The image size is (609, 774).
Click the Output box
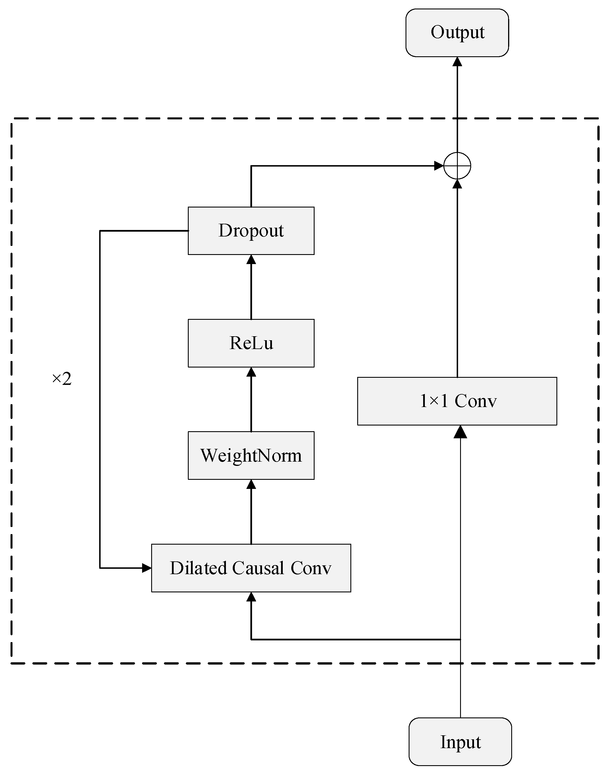click(x=457, y=33)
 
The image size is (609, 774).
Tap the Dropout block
click(x=251, y=231)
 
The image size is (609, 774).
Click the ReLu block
click(x=251, y=343)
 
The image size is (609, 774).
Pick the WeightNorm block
click(x=251, y=455)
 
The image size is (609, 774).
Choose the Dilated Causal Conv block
click(x=251, y=568)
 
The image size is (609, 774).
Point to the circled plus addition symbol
click(x=457, y=166)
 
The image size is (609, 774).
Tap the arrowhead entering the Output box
click(x=457, y=62)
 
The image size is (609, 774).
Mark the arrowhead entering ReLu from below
click(x=251, y=372)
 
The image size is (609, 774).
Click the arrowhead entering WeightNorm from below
click(x=251, y=484)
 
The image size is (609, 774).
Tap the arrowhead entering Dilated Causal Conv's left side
click(x=147, y=568)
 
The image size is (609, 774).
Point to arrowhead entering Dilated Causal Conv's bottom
click(x=251, y=597)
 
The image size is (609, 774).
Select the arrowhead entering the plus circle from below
click(x=457, y=184)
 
